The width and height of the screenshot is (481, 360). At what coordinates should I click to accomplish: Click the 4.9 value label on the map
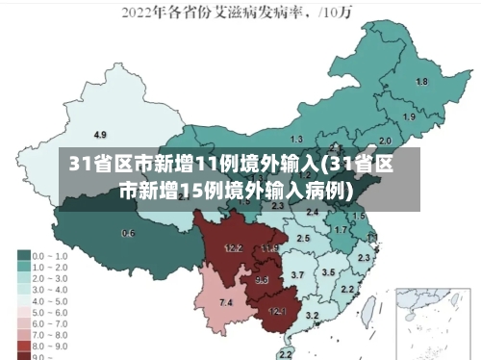click(100, 134)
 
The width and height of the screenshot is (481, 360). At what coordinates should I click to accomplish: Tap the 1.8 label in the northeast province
click(421, 82)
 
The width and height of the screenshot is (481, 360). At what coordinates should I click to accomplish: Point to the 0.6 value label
click(128, 233)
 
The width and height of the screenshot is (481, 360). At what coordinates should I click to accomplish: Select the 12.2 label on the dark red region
click(233, 247)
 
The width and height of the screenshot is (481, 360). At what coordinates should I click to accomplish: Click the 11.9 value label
click(269, 248)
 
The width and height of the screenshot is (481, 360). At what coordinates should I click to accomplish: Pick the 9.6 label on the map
click(262, 280)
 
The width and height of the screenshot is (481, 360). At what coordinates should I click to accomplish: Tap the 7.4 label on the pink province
click(226, 303)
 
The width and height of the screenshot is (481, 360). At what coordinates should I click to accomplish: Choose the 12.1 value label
click(277, 311)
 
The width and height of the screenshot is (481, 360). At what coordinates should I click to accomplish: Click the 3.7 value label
click(297, 275)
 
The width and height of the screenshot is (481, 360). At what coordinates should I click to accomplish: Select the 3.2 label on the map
click(312, 315)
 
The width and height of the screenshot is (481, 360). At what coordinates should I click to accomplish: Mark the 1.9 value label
click(409, 117)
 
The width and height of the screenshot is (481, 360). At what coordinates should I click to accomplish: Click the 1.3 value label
click(296, 140)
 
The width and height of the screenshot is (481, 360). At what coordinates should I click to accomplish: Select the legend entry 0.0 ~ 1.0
click(45, 256)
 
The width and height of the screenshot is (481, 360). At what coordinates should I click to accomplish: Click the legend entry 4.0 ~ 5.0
click(45, 299)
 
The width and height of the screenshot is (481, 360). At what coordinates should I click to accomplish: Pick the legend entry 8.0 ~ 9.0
click(45, 344)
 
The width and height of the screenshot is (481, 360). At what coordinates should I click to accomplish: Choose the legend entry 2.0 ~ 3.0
click(45, 277)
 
